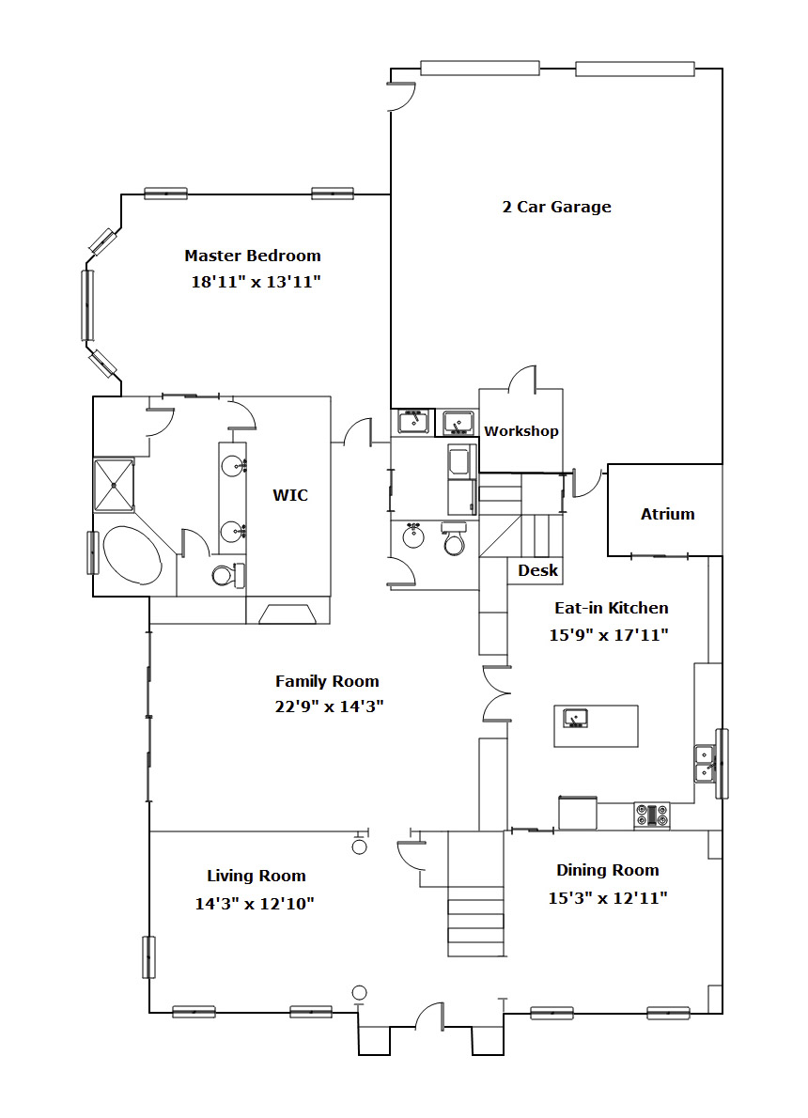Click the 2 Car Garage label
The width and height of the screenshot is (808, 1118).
(556, 207)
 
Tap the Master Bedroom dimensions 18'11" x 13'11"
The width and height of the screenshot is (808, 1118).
(256, 282)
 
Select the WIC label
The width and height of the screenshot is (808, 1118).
(290, 495)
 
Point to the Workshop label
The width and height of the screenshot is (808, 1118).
(521, 430)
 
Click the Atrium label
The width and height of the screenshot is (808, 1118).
(667, 514)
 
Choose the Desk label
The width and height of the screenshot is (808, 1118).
(537, 570)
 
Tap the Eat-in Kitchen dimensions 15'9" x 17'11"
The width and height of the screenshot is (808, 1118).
(608, 634)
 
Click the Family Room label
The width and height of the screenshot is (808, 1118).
(327, 681)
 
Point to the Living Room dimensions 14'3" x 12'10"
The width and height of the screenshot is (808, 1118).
(255, 904)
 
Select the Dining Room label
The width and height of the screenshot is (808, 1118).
(608, 871)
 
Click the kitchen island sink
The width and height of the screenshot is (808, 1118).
(575, 718)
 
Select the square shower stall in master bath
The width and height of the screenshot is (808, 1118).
(114, 485)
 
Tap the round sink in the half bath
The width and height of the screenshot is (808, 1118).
(413, 536)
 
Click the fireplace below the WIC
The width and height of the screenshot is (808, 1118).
(288, 613)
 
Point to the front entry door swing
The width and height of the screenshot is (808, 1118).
(430, 1015)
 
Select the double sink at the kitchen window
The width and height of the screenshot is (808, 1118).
(706, 763)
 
